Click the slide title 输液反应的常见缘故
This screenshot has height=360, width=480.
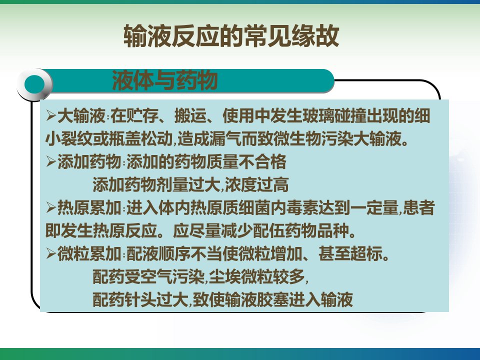coord(231,36)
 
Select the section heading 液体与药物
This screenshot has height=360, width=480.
coord(164,80)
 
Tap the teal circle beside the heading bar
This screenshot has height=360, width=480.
coord(34,84)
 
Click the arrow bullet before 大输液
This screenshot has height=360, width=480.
coord(51,115)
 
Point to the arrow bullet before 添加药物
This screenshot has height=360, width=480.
coord(51,161)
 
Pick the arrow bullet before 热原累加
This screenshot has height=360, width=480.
coord(51,207)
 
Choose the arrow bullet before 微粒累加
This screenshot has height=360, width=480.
coord(51,254)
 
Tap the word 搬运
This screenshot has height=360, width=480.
coord(190,115)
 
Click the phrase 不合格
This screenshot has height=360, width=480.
coord(262,161)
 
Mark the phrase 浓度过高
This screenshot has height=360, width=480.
coord(256,184)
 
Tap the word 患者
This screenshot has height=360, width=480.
coord(419,208)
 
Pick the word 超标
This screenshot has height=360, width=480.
coord(366,254)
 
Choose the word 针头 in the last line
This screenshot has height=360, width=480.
coord(140,299)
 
